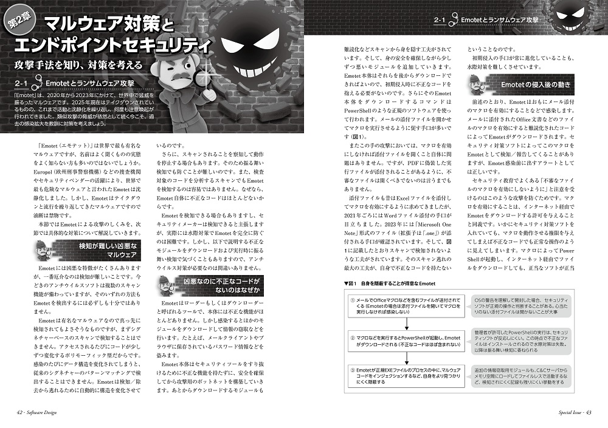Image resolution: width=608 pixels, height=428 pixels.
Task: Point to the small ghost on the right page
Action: (578, 18)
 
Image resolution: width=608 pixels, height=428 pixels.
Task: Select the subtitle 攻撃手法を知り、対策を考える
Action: (80, 64)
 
